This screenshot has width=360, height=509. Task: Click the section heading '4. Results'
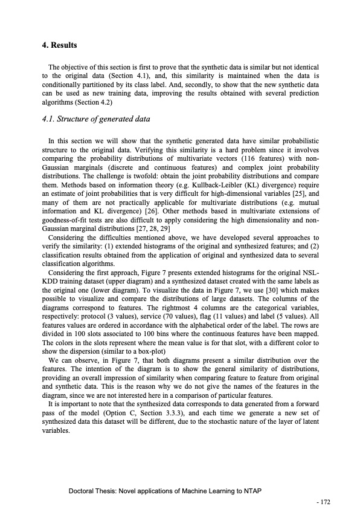pyautogui.click(x=59, y=45)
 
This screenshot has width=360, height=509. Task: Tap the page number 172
pyautogui.click(x=326, y=501)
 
